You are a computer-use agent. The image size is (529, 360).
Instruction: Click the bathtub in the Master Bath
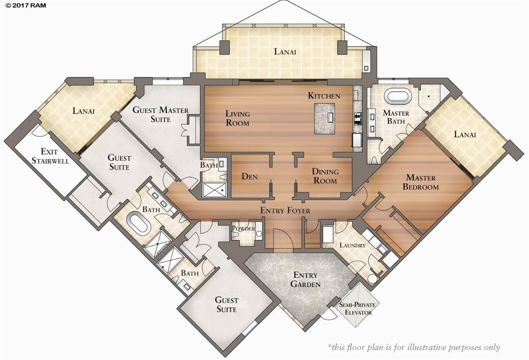tap(398, 96)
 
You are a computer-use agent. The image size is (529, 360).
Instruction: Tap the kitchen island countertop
tap(324, 118)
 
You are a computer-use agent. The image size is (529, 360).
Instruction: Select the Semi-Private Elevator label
tap(357, 308)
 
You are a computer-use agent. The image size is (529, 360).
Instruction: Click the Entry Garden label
tap(305, 279)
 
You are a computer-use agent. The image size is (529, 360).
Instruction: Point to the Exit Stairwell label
tap(50, 156)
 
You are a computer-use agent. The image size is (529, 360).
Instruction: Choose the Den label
tap(249, 176)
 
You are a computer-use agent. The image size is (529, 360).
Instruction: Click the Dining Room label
tap(325, 176)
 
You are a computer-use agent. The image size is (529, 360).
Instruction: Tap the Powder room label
tap(243, 228)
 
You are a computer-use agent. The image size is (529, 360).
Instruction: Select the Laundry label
tap(353, 245)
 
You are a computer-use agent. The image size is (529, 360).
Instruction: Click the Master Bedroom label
tap(421, 182)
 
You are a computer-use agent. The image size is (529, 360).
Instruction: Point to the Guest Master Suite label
tap(161, 114)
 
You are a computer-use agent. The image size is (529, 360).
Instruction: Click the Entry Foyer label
tap(285, 210)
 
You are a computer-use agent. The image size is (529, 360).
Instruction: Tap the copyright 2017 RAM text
tap(26, 5)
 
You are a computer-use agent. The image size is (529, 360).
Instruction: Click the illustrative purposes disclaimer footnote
tap(414, 348)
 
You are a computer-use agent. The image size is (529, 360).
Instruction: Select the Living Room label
tap(237, 118)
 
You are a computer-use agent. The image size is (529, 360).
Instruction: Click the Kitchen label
tap(324, 95)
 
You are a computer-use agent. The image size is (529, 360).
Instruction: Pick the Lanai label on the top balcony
tap(285, 52)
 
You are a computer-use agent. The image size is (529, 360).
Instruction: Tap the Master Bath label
tap(396, 117)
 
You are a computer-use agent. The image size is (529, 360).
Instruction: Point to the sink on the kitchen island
tap(330, 117)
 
